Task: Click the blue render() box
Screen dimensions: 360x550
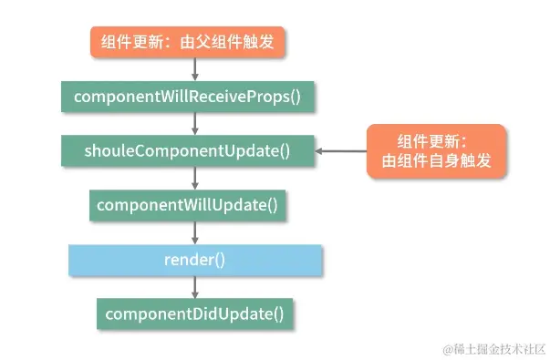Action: pos(195,260)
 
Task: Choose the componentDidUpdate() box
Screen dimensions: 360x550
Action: pos(195,314)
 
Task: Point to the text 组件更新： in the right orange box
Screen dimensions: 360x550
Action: pos(432,140)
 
